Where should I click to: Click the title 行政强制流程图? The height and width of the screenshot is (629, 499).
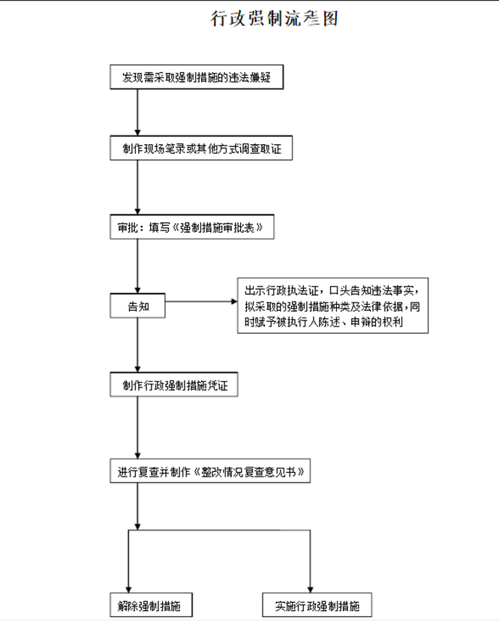274,19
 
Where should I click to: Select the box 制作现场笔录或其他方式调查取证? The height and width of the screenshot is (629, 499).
200,149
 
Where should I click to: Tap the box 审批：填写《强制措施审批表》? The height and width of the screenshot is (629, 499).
191,227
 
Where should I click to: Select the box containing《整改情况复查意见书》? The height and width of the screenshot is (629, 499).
210,472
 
